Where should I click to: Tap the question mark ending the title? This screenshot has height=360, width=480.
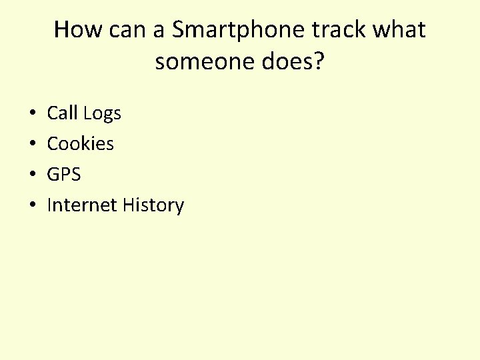tap(319, 62)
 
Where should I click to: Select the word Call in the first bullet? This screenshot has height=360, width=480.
tap(62, 113)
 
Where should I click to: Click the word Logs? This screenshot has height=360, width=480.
tap(102, 114)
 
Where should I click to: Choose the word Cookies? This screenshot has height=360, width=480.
tap(80, 144)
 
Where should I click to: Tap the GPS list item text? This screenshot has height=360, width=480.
tap(63, 175)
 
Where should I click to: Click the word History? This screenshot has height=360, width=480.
tap(153, 205)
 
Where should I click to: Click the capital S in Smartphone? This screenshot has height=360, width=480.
tap(178, 30)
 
